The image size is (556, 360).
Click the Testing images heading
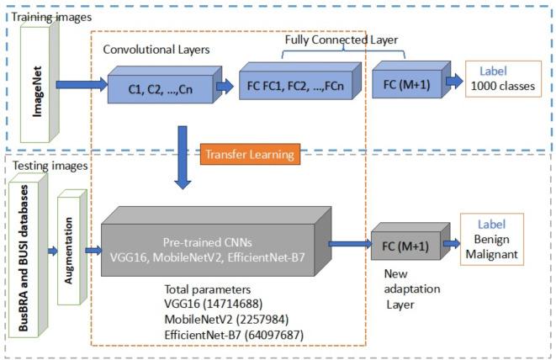[49, 166]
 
